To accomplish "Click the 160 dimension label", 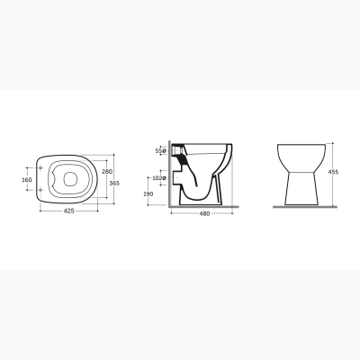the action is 27,180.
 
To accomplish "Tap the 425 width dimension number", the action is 69,211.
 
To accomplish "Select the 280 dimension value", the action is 107,172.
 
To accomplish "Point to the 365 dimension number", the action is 114,184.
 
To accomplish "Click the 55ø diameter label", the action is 161,151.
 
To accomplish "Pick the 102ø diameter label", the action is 159,178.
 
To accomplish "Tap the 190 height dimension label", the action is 148,194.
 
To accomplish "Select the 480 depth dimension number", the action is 204,213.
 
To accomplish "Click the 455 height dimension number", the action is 333,172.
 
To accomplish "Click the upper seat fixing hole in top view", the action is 40,168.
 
